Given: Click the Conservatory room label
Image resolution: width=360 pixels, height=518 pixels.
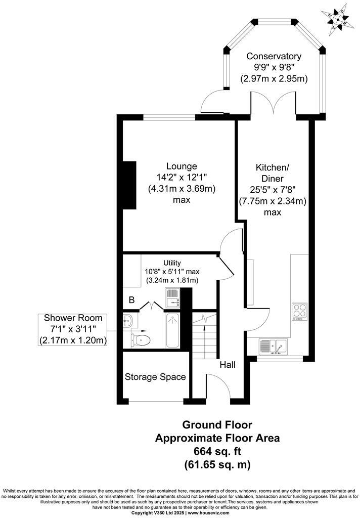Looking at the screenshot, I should point(274,56).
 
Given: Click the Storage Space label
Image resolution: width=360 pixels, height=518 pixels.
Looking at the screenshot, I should point(155,377).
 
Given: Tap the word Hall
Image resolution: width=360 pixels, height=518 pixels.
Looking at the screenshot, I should point(227,364).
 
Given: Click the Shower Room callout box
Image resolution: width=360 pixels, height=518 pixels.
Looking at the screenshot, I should point(73,329).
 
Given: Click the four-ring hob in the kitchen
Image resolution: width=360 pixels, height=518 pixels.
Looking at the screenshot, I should point(299,312).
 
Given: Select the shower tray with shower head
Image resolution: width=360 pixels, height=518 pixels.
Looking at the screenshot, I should point(172,331).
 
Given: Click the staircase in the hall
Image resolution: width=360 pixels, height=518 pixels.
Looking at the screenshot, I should point(205,334).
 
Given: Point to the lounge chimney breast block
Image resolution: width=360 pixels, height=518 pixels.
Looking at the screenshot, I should point(130,185).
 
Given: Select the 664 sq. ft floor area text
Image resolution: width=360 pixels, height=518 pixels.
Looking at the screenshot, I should point(216,451).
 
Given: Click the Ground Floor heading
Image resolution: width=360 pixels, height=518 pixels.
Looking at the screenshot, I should point(216,424).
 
